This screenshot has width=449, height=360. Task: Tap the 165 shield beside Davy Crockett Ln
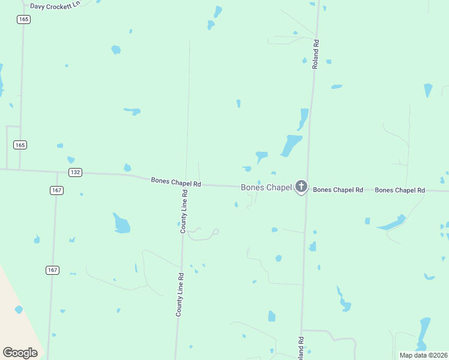tap(23, 19)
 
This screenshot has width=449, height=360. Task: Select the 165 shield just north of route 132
tap(20, 145)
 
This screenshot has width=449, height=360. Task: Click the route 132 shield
tap(75, 172)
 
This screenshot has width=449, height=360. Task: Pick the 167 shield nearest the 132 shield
tap(56, 190)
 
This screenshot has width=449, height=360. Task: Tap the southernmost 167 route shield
tap(52, 270)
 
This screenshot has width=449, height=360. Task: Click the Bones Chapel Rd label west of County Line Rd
tap(176, 181)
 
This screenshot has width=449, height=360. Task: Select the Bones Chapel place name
tap(266, 187)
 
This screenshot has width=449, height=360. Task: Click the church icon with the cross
tap(301, 187)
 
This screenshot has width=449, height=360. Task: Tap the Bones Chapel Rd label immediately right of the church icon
tap(338, 190)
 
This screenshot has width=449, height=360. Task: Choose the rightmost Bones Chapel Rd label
tap(400, 190)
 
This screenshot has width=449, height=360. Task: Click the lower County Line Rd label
tap(179, 295)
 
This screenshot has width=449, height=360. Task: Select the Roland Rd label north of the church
tap(315, 54)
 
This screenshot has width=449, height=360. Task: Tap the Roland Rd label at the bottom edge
tap(301, 348)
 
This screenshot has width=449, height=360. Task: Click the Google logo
tap(20, 353)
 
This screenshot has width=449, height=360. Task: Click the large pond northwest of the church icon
tap(291, 145)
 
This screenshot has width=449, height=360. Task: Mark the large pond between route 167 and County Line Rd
tap(121, 223)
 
